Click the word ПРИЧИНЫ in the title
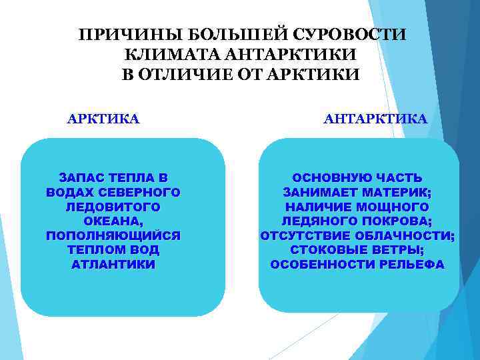tap(114, 34)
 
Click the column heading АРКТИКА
tap(103, 119)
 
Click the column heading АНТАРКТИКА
tap(375, 119)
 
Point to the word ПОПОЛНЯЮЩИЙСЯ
tap(113, 236)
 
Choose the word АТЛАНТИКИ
tap(113, 265)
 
